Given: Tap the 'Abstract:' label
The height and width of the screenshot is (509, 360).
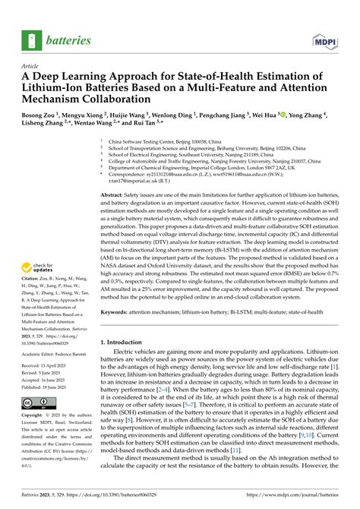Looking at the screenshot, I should [x=115, y=195].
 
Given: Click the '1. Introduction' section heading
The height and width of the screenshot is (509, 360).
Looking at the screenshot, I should [x=128, y=343].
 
